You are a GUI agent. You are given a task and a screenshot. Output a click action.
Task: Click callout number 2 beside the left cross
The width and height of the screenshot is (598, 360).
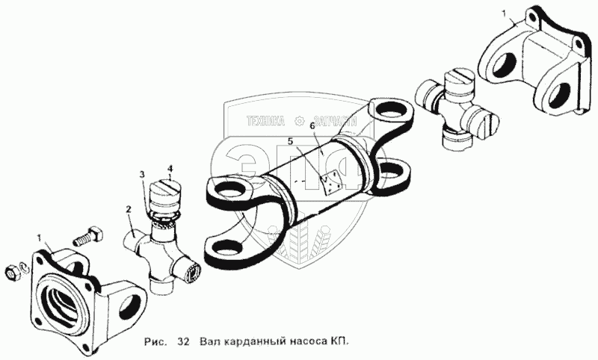[129, 209]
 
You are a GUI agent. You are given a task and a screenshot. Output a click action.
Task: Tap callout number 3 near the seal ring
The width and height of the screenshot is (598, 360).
[142, 175]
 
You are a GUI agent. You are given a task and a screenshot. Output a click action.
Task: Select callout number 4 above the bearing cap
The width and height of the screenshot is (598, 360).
[170, 167]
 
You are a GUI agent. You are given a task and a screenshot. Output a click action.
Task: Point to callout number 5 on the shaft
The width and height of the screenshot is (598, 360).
[290, 142]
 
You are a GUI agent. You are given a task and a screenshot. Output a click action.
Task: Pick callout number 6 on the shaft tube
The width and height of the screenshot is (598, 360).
[312, 125]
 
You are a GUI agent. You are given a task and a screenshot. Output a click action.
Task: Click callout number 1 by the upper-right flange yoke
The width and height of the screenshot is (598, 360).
[504, 14]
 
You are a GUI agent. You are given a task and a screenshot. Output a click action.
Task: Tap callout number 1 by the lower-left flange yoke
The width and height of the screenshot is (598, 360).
[39, 238]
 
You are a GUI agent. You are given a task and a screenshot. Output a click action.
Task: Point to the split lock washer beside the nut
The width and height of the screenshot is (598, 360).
[23, 268]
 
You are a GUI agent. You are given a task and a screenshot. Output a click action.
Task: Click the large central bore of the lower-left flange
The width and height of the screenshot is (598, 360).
[64, 297]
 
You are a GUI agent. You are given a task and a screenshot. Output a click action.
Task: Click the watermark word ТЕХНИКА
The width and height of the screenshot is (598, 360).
[266, 121]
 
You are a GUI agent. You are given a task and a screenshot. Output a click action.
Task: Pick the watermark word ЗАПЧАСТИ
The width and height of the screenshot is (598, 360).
[335, 121]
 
